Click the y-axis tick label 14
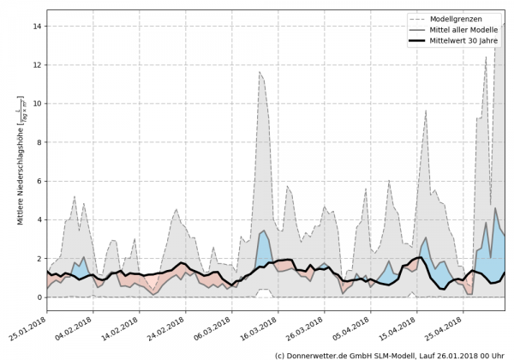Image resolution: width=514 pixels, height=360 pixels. tap(37, 27)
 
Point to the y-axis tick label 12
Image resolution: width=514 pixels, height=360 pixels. tap(37, 65)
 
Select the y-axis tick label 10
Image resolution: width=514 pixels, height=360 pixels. tap(37, 104)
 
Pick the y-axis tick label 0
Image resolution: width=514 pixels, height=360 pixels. tap(39, 297)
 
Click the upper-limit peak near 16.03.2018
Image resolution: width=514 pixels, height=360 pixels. tap(260, 72)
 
